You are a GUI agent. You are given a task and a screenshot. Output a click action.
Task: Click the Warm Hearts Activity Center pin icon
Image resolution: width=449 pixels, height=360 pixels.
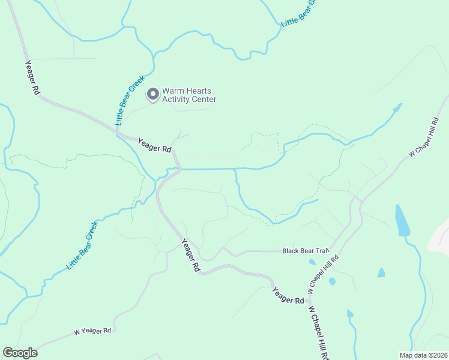click(x=153, y=94)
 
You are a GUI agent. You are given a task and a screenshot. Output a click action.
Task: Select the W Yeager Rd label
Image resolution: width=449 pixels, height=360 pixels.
click(x=92, y=331)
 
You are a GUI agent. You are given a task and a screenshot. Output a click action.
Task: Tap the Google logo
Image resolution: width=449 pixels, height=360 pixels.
click(x=20, y=353)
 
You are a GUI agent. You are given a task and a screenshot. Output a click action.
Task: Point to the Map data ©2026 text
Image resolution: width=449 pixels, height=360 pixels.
click(x=423, y=355)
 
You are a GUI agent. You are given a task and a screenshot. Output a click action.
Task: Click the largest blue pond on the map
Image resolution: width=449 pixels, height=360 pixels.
click(x=402, y=221)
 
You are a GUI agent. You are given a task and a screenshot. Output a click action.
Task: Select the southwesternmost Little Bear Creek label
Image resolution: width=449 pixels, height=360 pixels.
click(x=82, y=245)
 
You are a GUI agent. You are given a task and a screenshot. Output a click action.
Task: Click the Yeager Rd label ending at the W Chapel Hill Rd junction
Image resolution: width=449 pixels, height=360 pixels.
click(x=288, y=295)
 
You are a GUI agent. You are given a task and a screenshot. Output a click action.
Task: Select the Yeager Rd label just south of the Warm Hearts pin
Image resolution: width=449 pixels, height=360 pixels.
click(x=155, y=145)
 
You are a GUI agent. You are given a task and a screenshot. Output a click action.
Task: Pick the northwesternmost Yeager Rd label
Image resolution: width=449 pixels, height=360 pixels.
click(x=32, y=77)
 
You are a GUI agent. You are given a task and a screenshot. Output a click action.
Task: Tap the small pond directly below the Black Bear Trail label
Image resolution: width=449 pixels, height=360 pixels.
click(x=312, y=262)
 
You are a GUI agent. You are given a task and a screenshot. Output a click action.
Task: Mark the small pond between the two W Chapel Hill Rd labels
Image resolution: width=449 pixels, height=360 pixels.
click(x=332, y=281)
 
